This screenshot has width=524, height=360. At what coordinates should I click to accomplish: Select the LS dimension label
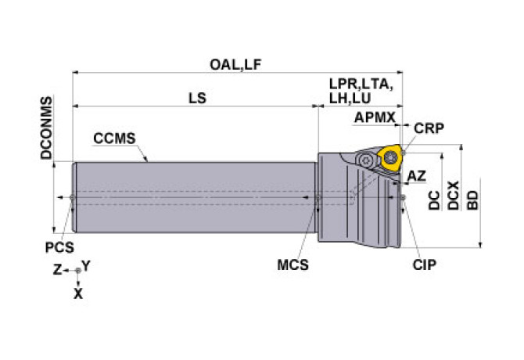pyautogui.click(x=197, y=99)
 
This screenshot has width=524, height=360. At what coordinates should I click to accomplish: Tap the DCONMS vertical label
pyautogui.click(x=46, y=128)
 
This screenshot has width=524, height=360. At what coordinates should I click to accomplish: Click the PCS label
pyautogui.click(x=59, y=248)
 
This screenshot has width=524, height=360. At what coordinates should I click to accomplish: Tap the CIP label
pyautogui.click(x=425, y=265)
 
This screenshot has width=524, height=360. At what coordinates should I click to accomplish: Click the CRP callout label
pyautogui.click(x=429, y=128)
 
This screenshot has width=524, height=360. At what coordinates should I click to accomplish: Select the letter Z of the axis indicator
pyautogui.click(x=58, y=268)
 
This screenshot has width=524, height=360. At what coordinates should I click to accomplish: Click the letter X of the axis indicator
pyautogui.click(x=77, y=294)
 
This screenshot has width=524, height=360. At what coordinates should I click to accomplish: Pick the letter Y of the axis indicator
pyautogui.click(x=87, y=266)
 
